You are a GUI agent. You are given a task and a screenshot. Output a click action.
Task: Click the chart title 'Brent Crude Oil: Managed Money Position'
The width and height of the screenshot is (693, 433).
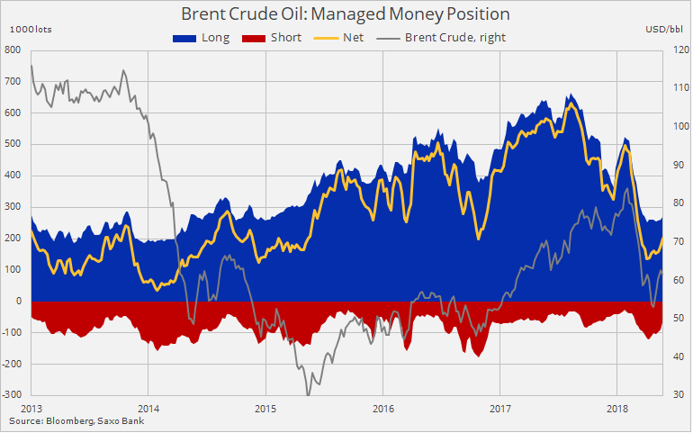[346, 14]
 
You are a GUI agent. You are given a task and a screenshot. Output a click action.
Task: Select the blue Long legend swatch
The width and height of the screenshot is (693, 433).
[185, 38]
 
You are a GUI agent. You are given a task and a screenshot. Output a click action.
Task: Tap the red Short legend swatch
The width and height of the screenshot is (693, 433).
[254, 38]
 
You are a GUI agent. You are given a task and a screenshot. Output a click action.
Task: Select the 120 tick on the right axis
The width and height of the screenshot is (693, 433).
[678, 50]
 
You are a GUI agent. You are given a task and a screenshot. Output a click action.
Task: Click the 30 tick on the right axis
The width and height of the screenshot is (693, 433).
[676, 395]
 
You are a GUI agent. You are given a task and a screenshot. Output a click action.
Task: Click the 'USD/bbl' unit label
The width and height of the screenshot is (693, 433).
[664, 30]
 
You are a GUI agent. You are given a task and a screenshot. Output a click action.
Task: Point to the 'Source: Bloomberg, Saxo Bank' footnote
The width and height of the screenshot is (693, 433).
[76, 420]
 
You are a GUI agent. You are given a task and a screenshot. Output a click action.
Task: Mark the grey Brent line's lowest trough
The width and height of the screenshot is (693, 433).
[308, 393]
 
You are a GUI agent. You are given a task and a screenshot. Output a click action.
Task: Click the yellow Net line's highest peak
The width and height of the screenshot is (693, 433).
[571, 104]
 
